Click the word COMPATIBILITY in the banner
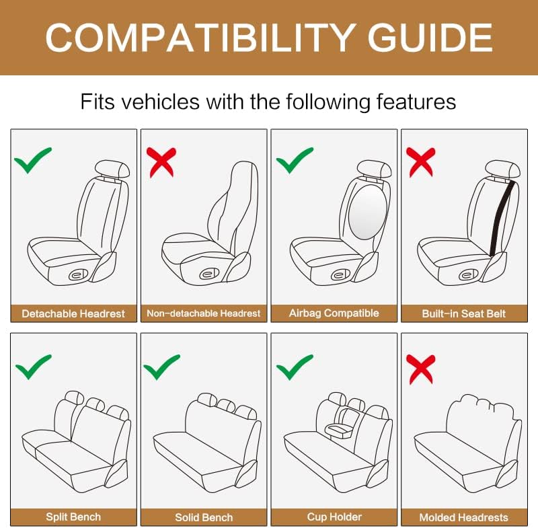[199, 38]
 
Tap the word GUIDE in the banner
[430, 38]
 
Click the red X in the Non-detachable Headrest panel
[161, 162]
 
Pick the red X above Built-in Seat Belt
[421, 162]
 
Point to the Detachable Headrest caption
[73, 313]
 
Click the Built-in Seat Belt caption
[464, 313]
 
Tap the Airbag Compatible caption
[334, 313]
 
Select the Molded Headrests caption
[463, 517]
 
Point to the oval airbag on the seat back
[367, 213]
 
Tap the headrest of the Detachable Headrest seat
[112, 169]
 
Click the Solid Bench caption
[204, 517]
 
